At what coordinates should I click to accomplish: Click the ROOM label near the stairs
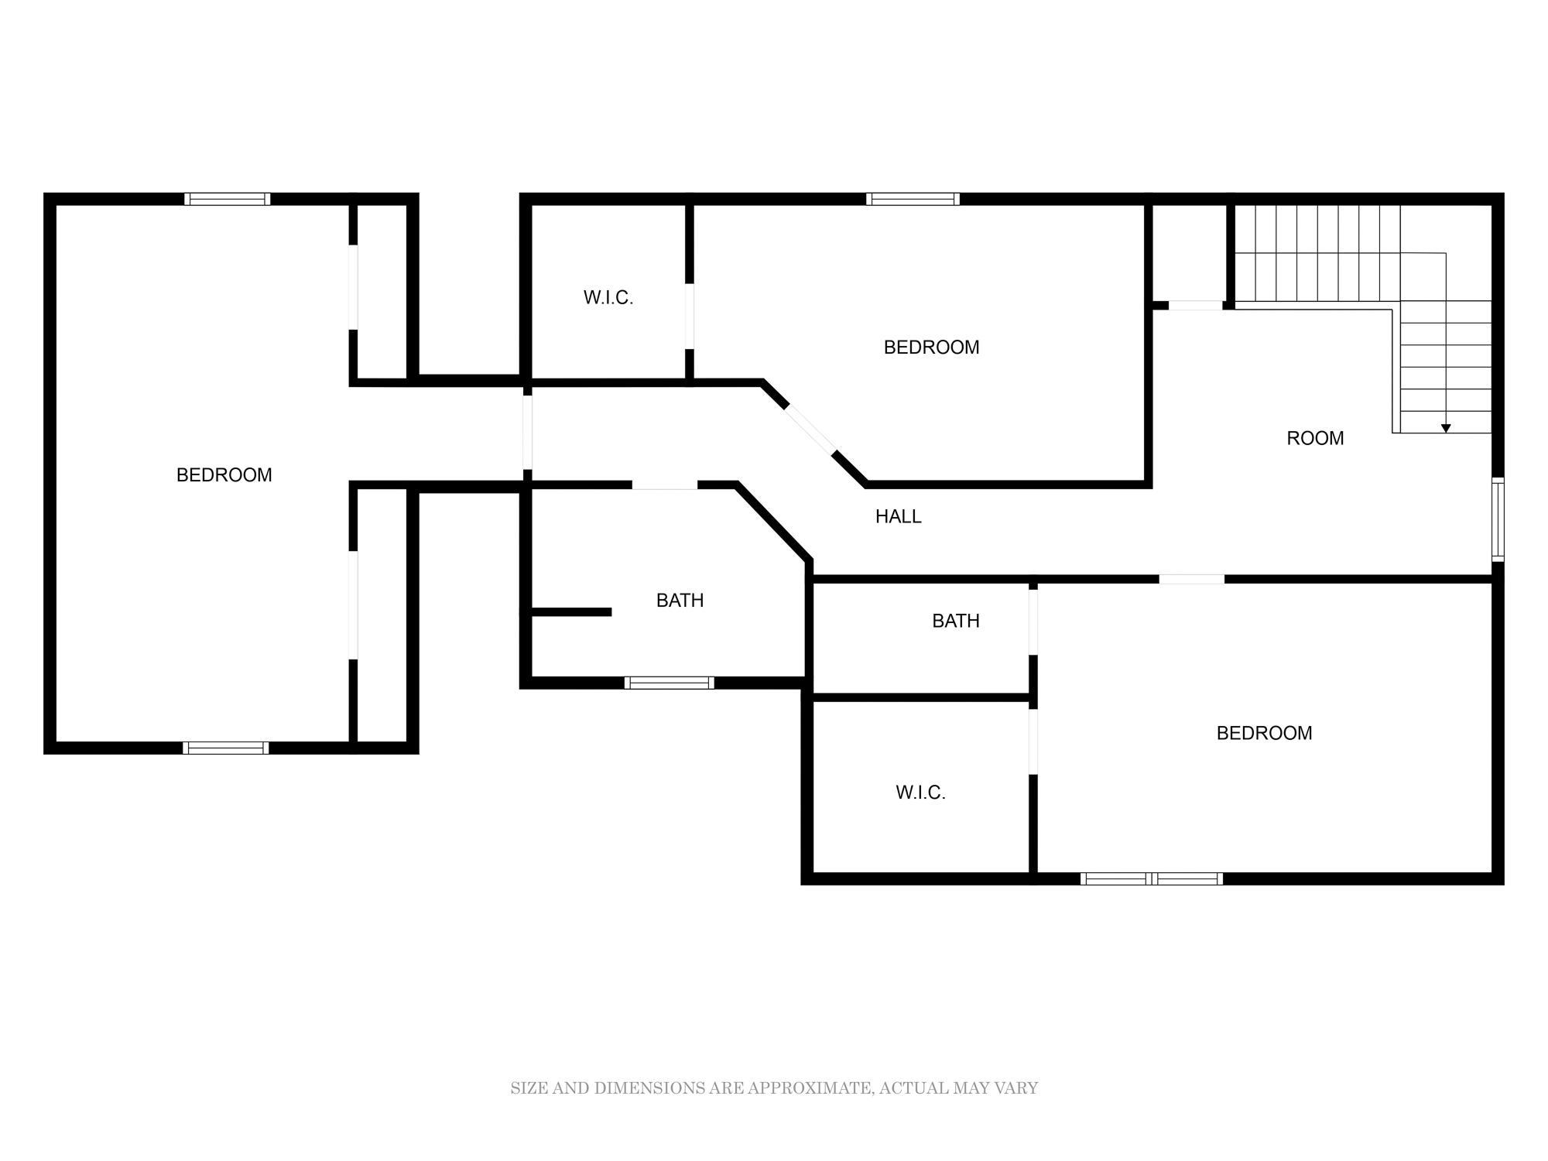point(1315,438)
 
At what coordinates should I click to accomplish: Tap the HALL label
point(898,516)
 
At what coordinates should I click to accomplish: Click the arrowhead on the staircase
point(1446,428)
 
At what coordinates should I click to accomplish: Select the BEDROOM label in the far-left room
point(224,474)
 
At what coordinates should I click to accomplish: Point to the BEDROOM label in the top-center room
point(932,347)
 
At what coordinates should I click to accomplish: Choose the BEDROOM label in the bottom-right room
point(1265,732)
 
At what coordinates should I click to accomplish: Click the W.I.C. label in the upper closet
point(608,297)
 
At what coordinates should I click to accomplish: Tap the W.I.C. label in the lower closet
point(921,792)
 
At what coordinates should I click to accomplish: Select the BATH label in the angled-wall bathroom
point(680,600)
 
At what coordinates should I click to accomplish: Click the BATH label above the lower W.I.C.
point(956,620)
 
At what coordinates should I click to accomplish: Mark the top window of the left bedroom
point(228,199)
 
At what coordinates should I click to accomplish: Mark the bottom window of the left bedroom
point(226,748)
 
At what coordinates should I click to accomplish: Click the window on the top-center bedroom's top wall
point(913,199)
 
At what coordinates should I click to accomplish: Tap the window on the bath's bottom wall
point(669,683)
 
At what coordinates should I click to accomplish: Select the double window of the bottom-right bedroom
point(1152,878)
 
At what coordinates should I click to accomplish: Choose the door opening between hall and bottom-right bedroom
point(1192,579)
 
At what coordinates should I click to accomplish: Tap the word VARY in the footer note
point(1017,1088)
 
